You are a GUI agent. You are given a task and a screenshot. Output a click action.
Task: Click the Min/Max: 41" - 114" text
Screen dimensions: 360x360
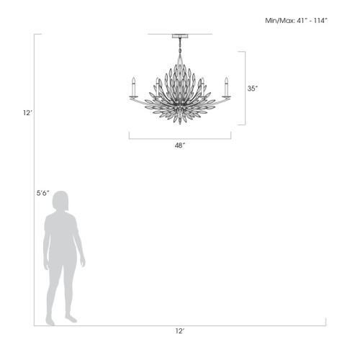(297, 21)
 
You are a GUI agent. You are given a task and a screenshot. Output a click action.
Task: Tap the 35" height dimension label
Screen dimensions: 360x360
(252, 89)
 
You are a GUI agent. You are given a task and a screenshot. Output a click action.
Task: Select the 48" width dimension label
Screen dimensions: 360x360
(179, 145)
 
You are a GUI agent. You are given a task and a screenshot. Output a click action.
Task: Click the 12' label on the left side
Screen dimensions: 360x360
(27, 112)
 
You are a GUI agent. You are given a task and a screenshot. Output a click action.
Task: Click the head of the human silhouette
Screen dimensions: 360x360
(60, 202)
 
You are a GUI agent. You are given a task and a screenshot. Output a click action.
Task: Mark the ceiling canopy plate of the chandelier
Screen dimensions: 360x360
(179, 35)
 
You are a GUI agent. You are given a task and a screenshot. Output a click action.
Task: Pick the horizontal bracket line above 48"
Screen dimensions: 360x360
(179, 137)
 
